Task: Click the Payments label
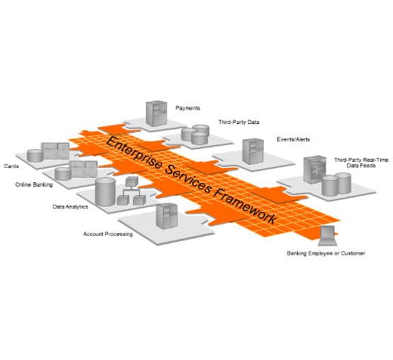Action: tap(188, 108)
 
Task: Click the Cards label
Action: tap(11, 166)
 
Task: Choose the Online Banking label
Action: tap(33, 185)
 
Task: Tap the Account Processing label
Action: tap(108, 234)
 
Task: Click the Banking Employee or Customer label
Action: tap(326, 253)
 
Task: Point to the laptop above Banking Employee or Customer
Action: tap(327, 236)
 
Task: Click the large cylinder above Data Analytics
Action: tap(105, 191)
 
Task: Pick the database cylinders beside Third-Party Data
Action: tap(196, 135)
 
